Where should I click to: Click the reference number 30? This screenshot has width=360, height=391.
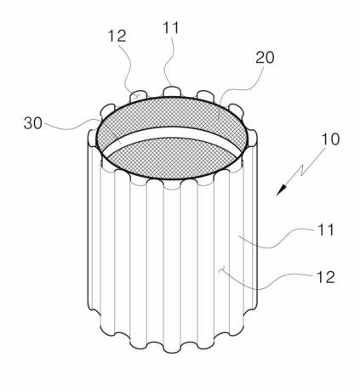click(x=33, y=123)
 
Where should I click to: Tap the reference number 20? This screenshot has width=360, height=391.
click(x=265, y=58)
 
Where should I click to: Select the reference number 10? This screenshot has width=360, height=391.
click(x=330, y=139)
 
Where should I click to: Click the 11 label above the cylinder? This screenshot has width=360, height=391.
click(x=171, y=28)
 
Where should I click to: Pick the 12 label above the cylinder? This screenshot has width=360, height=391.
click(x=117, y=36)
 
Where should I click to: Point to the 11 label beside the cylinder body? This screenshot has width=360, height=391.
click(x=325, y=229)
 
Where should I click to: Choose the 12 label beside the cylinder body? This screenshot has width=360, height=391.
click(x=325, y=277)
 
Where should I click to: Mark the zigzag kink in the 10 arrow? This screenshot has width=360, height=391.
click(x=303, y=170)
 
